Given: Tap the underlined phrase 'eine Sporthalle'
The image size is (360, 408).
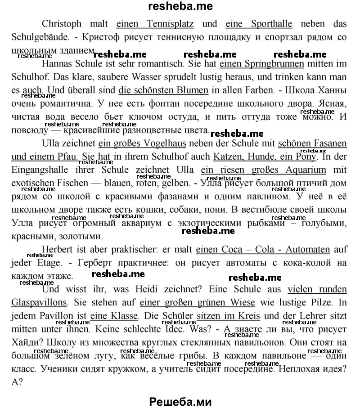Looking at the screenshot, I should tap(259, 24).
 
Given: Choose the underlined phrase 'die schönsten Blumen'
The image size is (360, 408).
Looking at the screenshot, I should tap(163, 90).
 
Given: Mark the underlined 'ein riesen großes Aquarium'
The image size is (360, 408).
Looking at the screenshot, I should tap(263, 170).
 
